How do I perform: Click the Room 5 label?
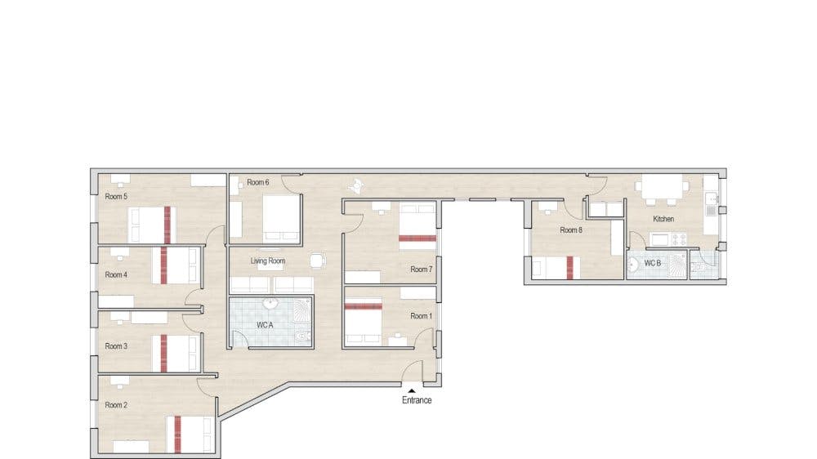[x=116, y=196]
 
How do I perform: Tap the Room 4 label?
[x=116, y=274]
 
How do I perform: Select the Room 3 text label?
[x=116, y=346]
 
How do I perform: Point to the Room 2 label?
[x=116, y=405]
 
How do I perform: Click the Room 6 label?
[x=258, y=182]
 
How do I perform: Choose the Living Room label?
[x=268, y=261]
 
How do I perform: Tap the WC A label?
[x=265, y=325]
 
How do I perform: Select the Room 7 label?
[x=421, y=270]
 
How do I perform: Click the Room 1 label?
[x=421, y=316]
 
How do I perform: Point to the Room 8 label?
[x=571, y=229]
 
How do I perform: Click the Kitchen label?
[x=663, y=219]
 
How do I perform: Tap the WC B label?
[x=652, y=263]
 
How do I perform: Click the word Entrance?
[x=417, y=400]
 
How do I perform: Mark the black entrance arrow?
[x=412, y=390]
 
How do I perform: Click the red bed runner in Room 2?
[x=177, y=434]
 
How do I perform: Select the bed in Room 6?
[x=282, y=218]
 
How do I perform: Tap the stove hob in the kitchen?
[x=679, y=239]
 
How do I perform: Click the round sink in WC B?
[x=633, y=265]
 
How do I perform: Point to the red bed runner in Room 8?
[x=570, y=267]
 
